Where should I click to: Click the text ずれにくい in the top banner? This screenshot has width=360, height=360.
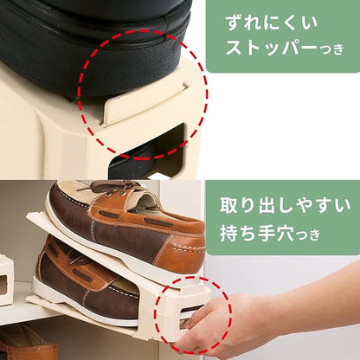point(271,22)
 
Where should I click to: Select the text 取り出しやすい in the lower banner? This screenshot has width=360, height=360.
point(286,206)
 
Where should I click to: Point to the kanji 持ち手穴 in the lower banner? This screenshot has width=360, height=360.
point(257,234)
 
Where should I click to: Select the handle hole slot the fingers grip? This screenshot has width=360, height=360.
point(190,313)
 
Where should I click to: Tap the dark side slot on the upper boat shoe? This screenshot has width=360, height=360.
point(109,215)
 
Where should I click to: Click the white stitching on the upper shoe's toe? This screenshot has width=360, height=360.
point(188,247)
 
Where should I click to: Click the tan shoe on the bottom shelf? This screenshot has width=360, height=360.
point(28,344)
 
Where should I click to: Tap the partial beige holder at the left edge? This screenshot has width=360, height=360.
point(6,280)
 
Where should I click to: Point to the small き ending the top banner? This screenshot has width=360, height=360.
point(338,49)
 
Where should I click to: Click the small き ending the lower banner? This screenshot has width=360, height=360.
point(314,235)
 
